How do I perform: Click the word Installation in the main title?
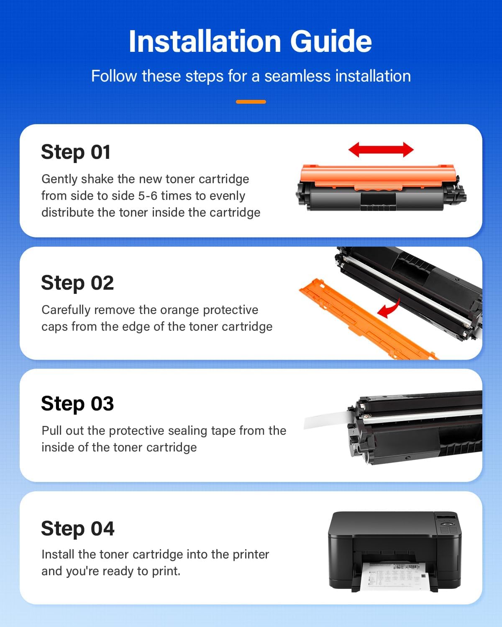205,42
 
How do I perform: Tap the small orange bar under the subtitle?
251,102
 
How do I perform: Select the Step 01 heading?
76,152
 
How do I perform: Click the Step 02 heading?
77,283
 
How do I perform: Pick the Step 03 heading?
77,404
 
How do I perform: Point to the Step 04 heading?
77,529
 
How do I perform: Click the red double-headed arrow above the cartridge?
381,150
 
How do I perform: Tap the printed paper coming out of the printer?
393,575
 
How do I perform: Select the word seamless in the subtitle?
297,76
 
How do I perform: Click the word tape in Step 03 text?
223,431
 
